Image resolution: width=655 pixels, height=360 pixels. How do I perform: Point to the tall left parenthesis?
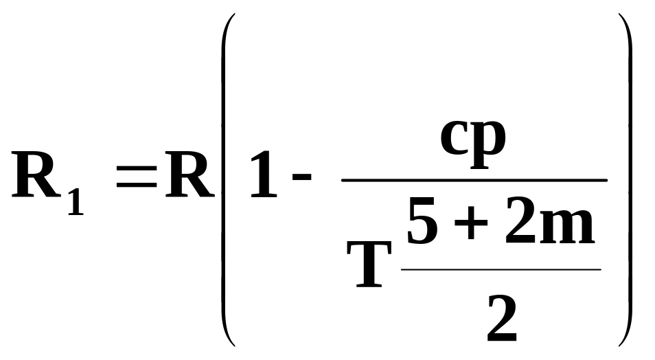[x=227, y=180]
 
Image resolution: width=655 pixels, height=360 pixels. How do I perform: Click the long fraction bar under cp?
[x=474, y=180]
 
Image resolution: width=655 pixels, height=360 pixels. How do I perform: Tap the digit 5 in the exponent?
[x=423, y=221]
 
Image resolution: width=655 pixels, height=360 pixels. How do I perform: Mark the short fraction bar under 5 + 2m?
[x=501, y=269]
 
